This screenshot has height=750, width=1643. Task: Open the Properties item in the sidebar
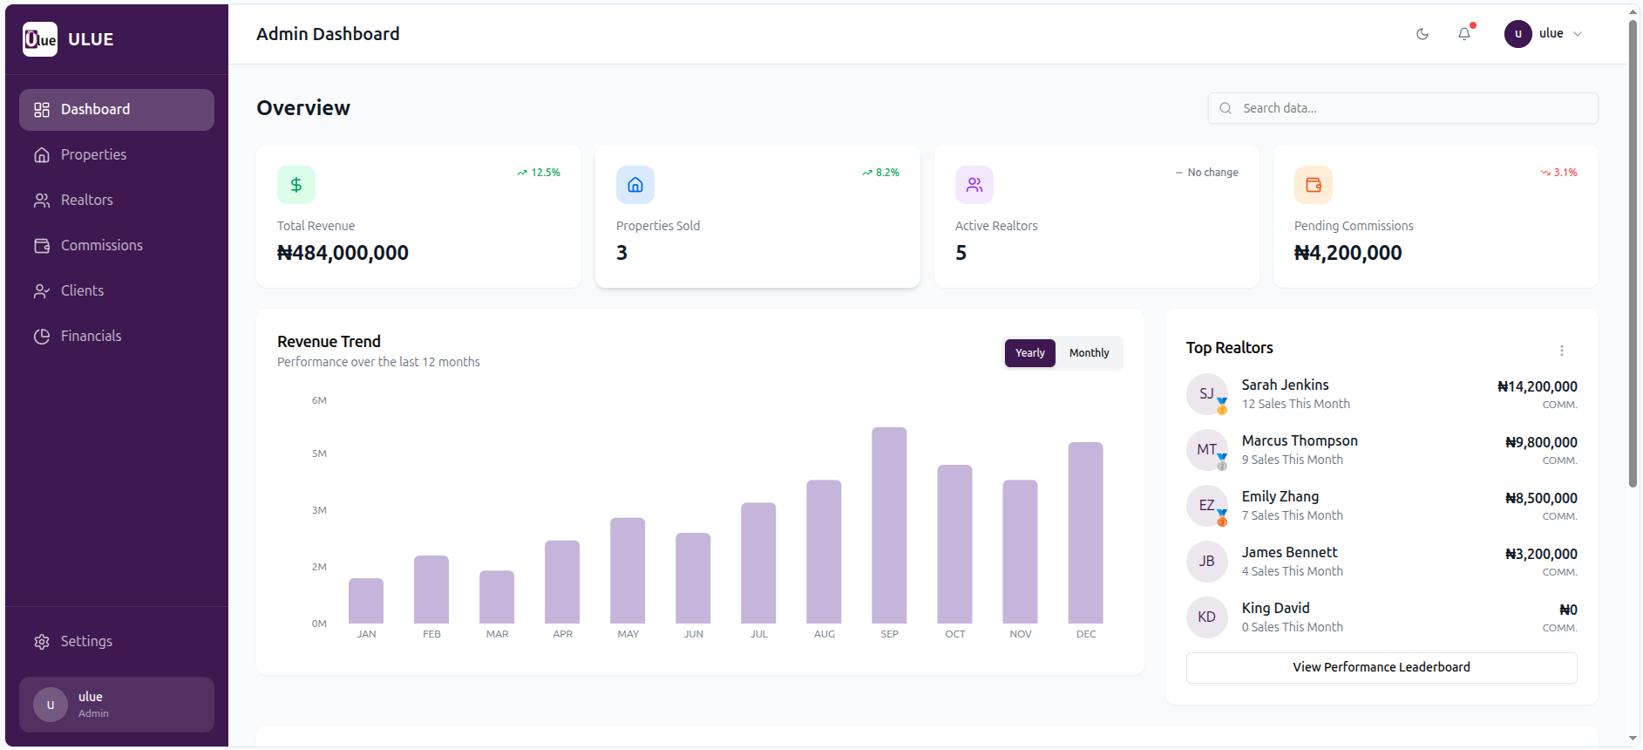coord(93,154)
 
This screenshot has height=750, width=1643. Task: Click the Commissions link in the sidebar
coord(101,245)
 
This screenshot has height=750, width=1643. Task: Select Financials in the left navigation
coord(91,336)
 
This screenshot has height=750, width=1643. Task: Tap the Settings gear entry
coord(85,641)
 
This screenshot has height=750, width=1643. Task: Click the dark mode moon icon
coord(1422,34)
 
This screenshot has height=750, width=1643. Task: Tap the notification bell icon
coord(1464,34)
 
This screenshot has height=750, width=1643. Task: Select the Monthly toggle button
coord(1089,353)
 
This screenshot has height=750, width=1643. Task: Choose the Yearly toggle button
coord(1029,353)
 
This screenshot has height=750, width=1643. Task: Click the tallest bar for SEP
coord(889,523)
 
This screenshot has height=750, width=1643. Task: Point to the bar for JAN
coord(366,601)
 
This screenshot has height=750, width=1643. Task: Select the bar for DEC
coord(1085,532)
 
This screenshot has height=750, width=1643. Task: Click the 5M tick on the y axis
coord(319,453)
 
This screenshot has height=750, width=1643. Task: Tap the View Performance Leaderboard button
coord(1381,667)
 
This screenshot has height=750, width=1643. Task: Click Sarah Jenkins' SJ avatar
coord(1206,393)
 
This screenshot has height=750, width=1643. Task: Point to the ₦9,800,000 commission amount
coord(1541,442)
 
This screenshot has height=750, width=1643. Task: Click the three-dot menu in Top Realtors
coord(1561,351)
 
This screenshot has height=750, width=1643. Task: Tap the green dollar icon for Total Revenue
coord(296,185)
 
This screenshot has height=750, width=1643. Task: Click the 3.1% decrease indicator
coord(1559,173)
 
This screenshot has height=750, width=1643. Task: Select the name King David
coord(1275,608)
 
